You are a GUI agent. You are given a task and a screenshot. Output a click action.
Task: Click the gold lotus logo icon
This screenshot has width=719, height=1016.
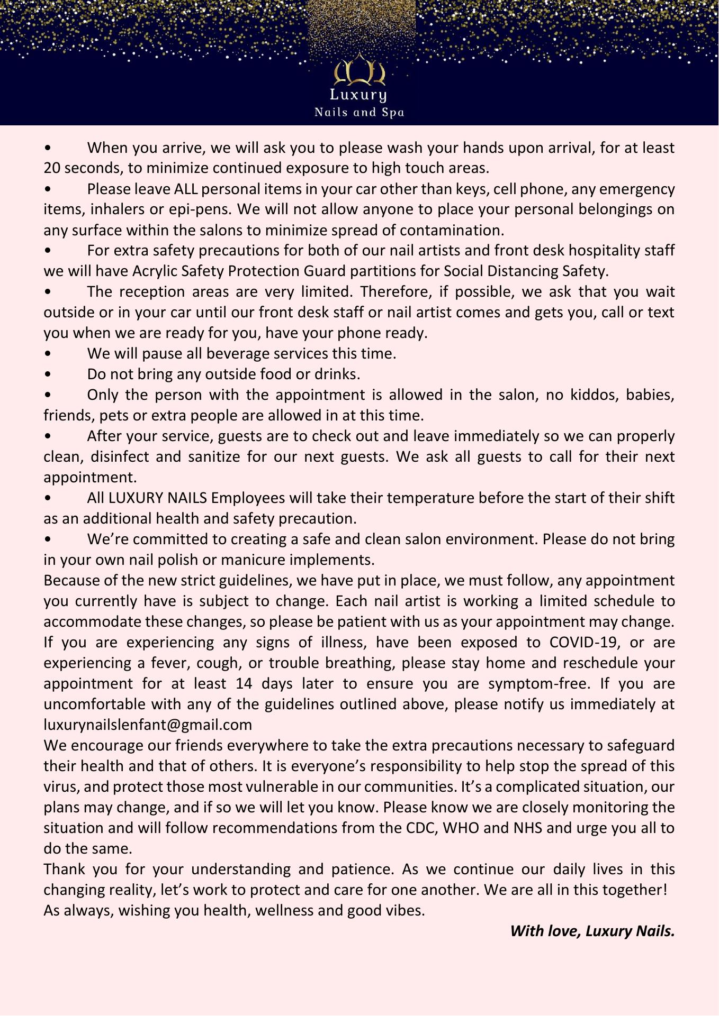pyautogui.click(x=359, y=70)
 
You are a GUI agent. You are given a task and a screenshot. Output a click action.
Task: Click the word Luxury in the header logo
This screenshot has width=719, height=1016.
pyautogui.click(x=358, y=95)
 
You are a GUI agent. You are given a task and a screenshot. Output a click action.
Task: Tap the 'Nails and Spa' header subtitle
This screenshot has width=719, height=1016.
pyautogui.click(x=359, y=112)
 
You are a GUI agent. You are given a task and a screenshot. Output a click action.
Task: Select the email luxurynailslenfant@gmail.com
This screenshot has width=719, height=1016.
pyautogui.click(x=148, y=724)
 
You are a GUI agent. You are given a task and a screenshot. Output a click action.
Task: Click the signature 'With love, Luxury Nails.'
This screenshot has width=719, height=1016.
pyautogui.click(x=592, y=931)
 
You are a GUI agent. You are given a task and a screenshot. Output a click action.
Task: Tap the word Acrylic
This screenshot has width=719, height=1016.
pyautogui.click(x=155, y=271)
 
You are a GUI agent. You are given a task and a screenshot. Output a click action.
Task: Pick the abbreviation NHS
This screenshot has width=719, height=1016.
pyautogui.click(x=528, y=827)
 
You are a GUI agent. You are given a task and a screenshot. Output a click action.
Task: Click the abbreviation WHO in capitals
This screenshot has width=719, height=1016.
pyautogui.click(x=461, y=827)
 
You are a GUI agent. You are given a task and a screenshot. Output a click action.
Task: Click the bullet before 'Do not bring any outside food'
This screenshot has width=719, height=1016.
pyautogui.click(x=48, y=374)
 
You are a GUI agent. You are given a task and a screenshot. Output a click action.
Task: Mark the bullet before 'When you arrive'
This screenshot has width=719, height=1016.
pyautogui.click(x=48, y=148)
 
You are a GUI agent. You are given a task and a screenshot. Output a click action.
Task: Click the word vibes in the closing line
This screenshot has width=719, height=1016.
pyautogui.click(x=405, y=910)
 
